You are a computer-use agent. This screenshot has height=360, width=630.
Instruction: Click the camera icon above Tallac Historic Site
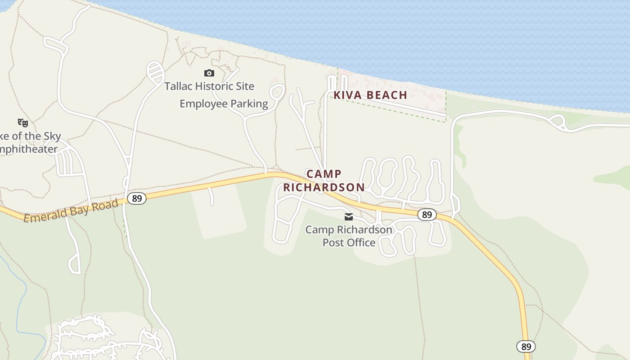coord(209,73)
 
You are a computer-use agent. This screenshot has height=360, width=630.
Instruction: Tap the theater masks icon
coord(23,122)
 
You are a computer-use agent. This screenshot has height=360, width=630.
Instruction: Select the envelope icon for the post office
coord(348,217)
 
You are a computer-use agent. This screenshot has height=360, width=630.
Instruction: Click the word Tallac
coord(179,86)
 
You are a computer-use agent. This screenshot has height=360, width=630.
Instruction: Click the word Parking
coord(249,104)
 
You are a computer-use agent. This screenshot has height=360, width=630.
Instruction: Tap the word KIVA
coord(347,95)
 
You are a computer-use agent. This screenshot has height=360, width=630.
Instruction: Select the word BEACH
coord(387,95)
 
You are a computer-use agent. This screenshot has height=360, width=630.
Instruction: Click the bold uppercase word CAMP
coord(324,174)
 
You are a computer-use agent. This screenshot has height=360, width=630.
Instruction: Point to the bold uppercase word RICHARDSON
coord(324,187)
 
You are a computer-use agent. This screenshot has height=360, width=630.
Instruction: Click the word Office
coord(360,243)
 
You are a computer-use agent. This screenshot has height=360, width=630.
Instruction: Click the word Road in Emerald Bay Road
coord(104,205)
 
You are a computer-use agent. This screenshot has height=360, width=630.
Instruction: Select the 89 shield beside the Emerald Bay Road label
coord(136,198)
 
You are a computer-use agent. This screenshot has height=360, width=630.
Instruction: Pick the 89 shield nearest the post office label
coord(427,215)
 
